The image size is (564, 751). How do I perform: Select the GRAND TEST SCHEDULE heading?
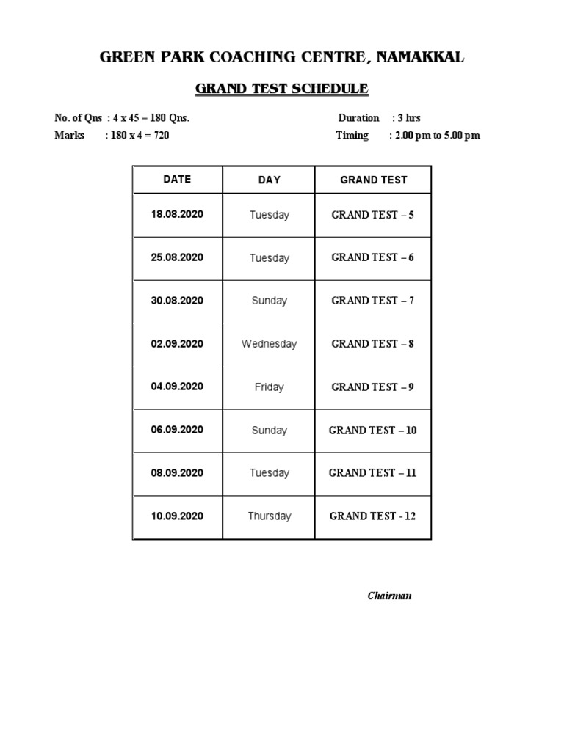281,89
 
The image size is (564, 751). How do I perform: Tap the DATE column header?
177,179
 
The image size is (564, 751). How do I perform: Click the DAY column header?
269,180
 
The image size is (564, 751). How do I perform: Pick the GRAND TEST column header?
373,180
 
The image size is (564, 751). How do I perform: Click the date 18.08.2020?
177,215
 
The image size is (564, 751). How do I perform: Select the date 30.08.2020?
177,301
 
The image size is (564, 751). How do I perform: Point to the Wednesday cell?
269,344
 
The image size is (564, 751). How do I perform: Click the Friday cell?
269,387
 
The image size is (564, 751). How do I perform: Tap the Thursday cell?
269,516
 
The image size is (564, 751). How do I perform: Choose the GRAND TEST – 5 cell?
373,215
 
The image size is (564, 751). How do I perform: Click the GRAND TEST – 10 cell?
373,430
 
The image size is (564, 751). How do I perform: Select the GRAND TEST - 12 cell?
373,516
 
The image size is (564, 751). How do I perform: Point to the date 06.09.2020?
177,430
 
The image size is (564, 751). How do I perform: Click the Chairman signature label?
389,596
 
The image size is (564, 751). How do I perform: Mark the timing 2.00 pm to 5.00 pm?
438,136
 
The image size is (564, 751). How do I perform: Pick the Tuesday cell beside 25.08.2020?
269,258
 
